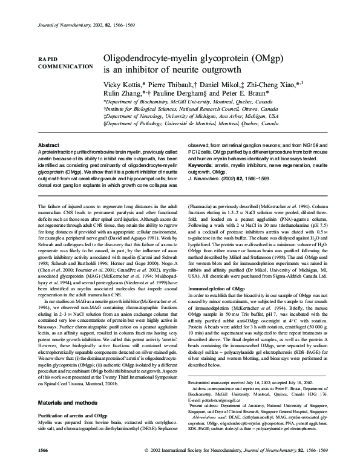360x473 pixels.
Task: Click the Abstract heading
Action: [x=48, y=146]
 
